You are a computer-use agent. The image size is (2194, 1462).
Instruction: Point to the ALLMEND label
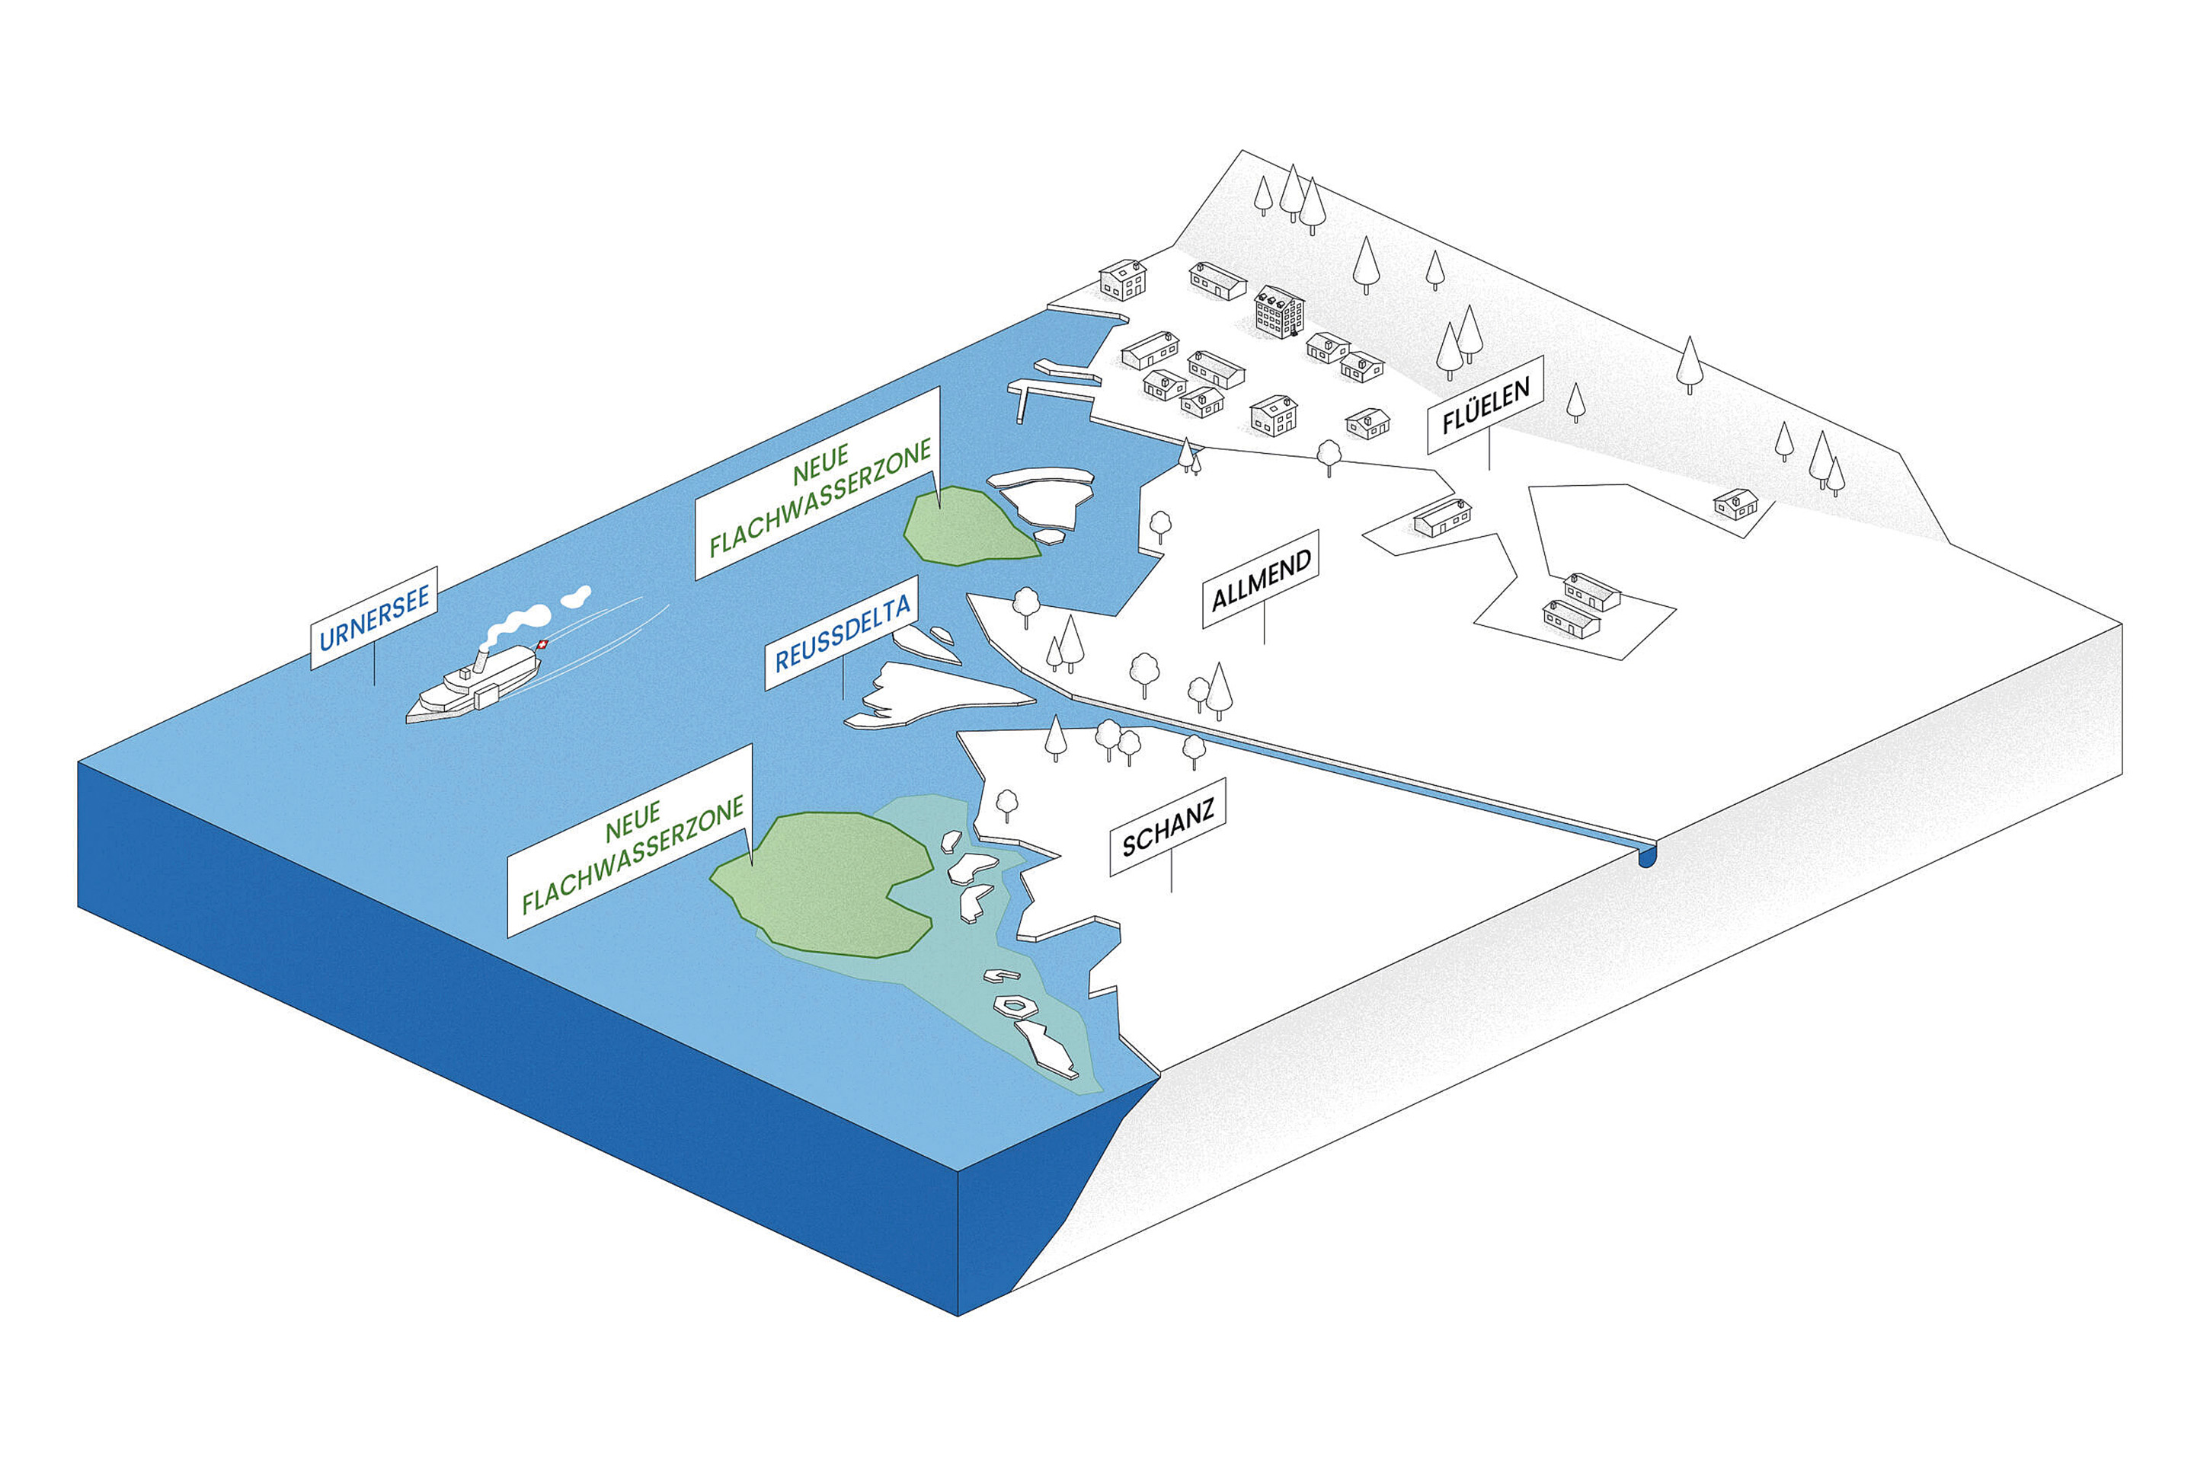pos(1262,579)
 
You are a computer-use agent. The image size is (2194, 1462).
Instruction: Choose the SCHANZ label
pos(1167,828)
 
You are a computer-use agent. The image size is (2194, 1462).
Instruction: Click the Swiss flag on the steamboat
pos(543,644)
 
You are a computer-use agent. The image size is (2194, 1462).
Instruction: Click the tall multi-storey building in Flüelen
pos(1278,311)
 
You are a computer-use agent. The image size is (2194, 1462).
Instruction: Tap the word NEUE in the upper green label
pos(821,464)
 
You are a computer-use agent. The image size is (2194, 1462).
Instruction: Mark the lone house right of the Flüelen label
pos(1735,503)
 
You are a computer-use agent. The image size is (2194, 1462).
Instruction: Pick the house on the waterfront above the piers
pos(1123,279)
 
